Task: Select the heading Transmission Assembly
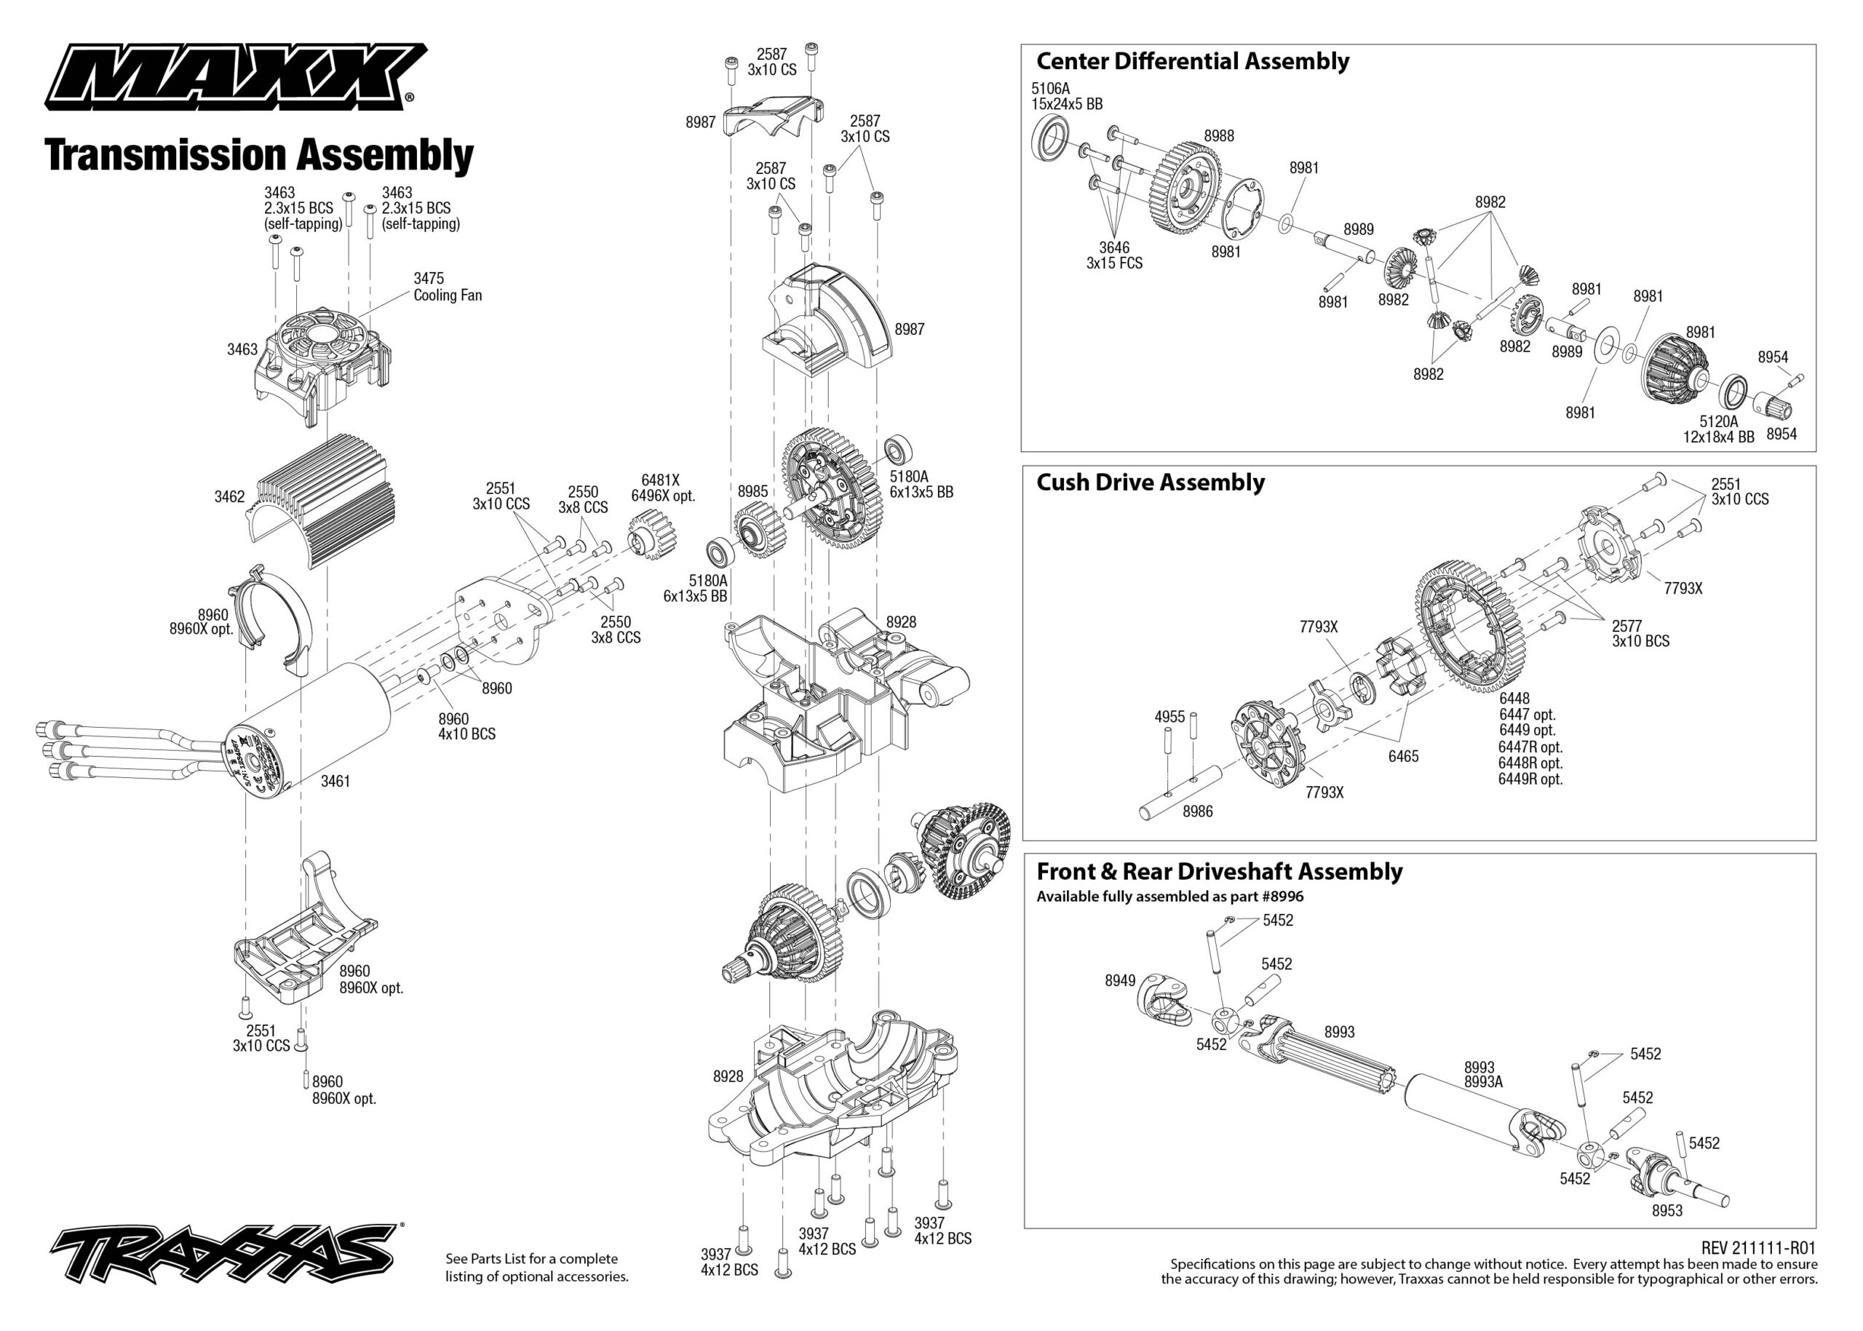(259, 155)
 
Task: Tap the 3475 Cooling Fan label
(447, 287)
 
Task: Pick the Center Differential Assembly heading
(1193, 61)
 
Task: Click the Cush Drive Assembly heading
(1150, 482)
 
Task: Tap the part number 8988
(1219, 136)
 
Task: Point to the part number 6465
(1403, 757)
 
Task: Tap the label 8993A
(1484, 1082)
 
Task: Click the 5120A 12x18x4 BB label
(1719, 429)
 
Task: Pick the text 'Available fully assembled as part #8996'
(1169, 897)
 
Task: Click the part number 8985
(752, 492)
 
